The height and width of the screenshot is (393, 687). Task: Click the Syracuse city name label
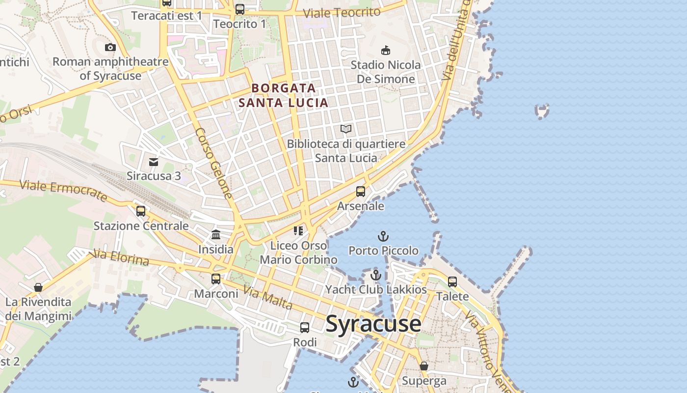(373, 324)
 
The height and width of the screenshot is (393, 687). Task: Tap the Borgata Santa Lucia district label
(283, 95)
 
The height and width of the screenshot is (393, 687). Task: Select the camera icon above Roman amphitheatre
(110, 47)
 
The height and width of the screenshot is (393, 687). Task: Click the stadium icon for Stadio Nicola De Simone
(386, 50)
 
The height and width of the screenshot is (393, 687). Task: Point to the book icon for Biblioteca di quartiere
(346, 129)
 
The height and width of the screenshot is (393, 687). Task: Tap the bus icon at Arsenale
(361, 192)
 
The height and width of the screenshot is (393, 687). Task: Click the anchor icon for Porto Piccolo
(383, 236)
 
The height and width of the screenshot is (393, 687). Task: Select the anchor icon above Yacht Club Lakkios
(376, 275)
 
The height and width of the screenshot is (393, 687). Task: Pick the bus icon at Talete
(452, 282)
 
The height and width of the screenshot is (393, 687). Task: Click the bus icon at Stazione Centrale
(141, 211)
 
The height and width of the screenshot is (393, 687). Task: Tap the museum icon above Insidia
(216, 234)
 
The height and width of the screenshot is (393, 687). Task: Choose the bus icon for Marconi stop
(216, 279)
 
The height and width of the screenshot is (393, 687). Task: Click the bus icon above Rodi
(305, 327)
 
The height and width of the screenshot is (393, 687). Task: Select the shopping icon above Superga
(424, 366)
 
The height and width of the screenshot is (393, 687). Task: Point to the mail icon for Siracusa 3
(154, 162)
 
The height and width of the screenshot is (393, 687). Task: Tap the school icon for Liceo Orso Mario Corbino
(298, 230)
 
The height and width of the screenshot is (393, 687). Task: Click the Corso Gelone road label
(214, 163)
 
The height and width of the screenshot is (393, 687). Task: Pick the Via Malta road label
(268, 298)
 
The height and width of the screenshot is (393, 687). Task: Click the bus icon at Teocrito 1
(239, 9)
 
